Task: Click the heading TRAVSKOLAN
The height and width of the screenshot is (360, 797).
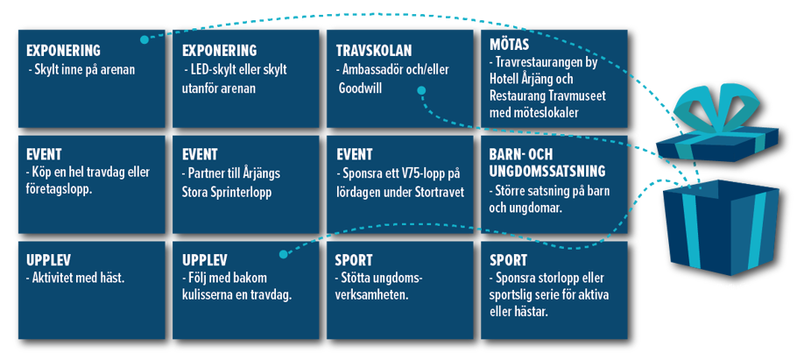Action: click(x=374, y=51)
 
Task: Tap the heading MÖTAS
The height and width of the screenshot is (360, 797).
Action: click(x=509, y=45)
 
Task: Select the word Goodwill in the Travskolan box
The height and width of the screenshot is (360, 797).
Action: click(x=360, y=88)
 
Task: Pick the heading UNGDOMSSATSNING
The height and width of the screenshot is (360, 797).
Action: click(x=547, y=172)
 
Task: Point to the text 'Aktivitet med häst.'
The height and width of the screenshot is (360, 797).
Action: click(x=75, y=279)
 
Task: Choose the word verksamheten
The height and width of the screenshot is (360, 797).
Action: click(x=372, y=295)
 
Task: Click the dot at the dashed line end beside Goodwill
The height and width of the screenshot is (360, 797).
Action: click(x=421, y=90)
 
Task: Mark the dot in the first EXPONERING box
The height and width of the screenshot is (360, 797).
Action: click(x=145, y=39)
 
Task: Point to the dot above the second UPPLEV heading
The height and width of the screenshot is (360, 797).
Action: click(x=283, y=254)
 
